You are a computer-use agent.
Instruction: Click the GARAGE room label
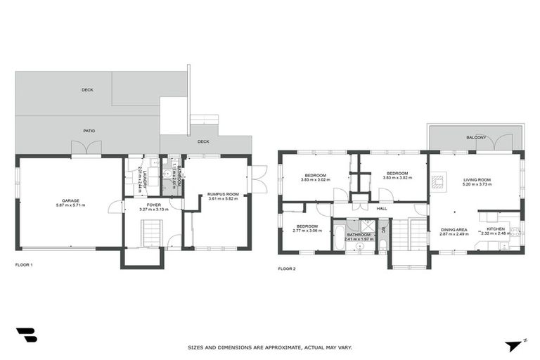(x=70, y=200)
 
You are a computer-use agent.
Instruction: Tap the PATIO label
(x=89, y=130)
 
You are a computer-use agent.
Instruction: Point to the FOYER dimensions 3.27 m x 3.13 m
(x=153, y=210)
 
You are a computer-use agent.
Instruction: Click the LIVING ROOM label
(x=477, y=180)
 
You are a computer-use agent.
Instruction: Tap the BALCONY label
(x=476, y=137)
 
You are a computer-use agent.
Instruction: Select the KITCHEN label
(x=496, y=229)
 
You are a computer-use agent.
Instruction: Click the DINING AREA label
(x=454, y=229)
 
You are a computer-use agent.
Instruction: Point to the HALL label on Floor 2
(x=382, y=209)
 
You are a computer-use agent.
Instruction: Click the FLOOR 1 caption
(x=24, y=265)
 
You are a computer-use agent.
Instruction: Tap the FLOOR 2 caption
(x=286, y=269)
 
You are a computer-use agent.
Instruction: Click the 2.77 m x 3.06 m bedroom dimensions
(x=307, y=231)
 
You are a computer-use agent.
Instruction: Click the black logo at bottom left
(x=27, y=335)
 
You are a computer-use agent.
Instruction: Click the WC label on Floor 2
(x=384, y=229)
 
